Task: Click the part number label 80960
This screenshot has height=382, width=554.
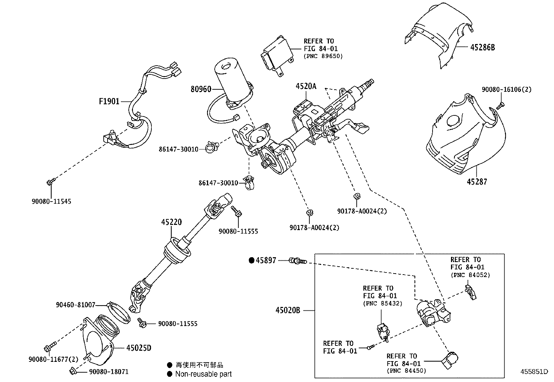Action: point(201,89)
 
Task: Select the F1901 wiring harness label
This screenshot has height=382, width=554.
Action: point(109,101)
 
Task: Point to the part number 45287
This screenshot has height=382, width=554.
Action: point(477,181)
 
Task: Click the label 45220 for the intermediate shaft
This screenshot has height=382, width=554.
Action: point(171,222)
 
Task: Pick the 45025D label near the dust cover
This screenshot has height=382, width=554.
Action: point(138,348)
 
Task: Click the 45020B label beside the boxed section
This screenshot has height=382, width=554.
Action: point(288,310)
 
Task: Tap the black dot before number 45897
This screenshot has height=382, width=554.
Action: point(252,260)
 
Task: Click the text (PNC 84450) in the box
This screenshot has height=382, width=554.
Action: point(406,371)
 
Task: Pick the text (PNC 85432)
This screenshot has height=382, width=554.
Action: point(382,303)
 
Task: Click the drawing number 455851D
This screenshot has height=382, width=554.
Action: point(534,371)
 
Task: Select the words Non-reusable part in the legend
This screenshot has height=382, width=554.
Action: point(203,374)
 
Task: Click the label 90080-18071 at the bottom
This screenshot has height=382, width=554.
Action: point(109,372)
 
